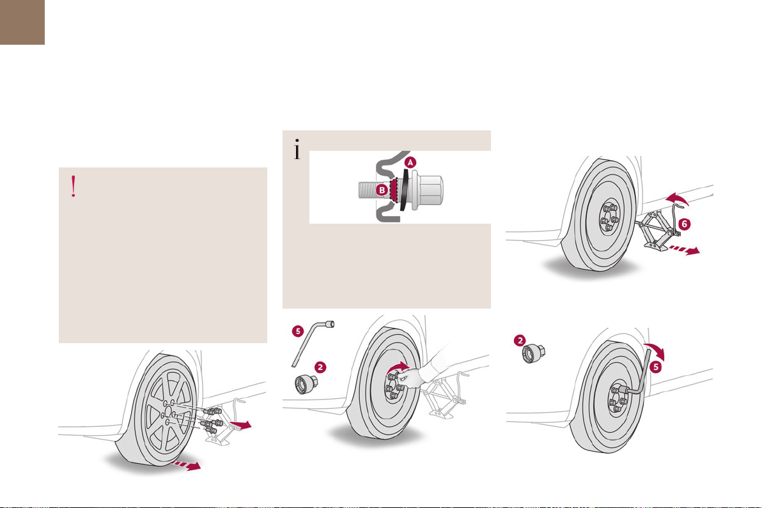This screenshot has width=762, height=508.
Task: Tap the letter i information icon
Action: [x=296, y=150]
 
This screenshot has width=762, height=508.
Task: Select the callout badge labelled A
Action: [x=410, y=163]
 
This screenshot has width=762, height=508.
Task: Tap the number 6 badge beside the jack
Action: [x=684, y=224]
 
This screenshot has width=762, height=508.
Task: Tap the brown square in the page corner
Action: [x=22, y=22]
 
